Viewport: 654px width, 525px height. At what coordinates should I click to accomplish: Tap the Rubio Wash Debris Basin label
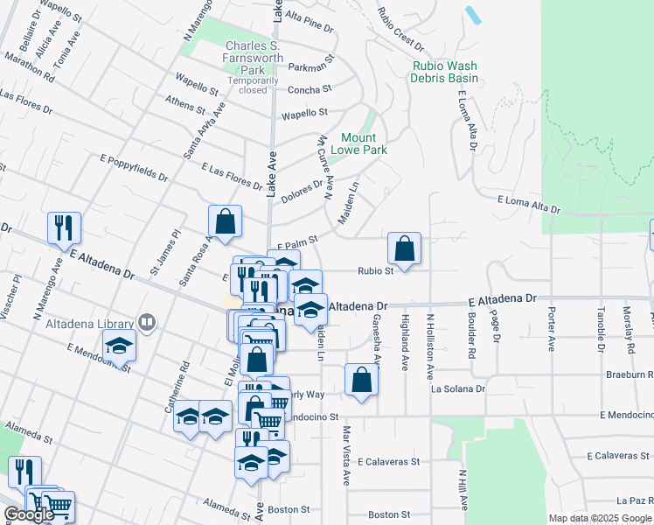445,72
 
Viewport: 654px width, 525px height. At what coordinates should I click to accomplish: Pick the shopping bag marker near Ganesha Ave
361,380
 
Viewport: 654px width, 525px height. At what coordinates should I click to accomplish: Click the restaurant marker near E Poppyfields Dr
64,228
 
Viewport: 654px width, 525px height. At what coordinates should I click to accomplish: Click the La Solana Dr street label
457,388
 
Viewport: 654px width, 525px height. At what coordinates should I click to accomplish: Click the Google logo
29,514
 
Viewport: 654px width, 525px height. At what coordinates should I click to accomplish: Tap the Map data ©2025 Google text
599,518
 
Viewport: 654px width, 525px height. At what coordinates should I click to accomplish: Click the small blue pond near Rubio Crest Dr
473,15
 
